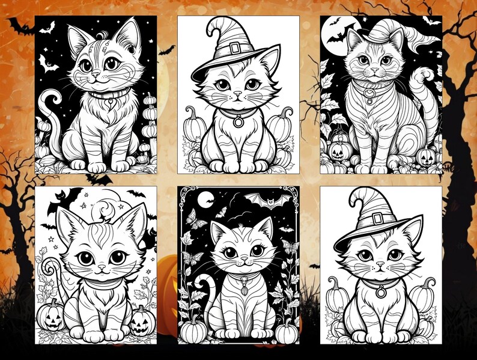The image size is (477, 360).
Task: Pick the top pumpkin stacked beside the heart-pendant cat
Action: click(x=148, y=100)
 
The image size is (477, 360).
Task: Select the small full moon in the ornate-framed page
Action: click(x=205, y=198)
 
